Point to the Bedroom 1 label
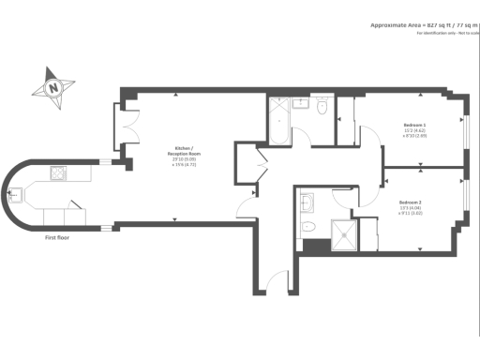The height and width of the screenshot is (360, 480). pos(413,125)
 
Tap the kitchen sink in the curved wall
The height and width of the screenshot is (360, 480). pos(17,195)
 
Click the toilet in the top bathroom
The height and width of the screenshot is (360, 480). pos(322,109)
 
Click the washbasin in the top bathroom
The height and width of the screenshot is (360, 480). pos(300,104)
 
